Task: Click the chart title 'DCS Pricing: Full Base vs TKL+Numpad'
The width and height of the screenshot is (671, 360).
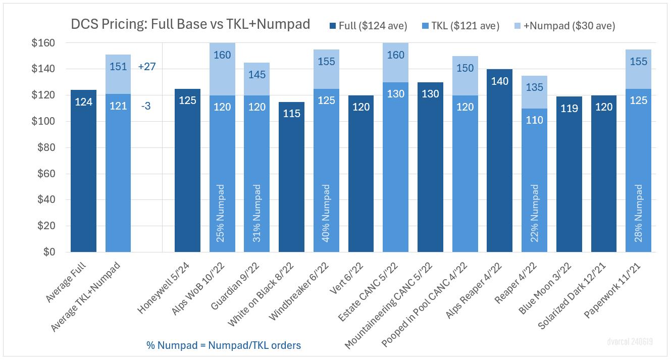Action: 190,24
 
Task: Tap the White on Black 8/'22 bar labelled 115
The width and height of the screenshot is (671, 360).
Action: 292,177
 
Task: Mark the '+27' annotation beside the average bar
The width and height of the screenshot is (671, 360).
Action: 147,67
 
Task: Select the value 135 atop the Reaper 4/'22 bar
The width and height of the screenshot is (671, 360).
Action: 535,87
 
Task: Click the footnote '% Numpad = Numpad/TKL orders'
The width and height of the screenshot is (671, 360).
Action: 224,345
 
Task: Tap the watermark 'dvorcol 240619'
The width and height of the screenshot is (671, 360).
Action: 630,342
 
